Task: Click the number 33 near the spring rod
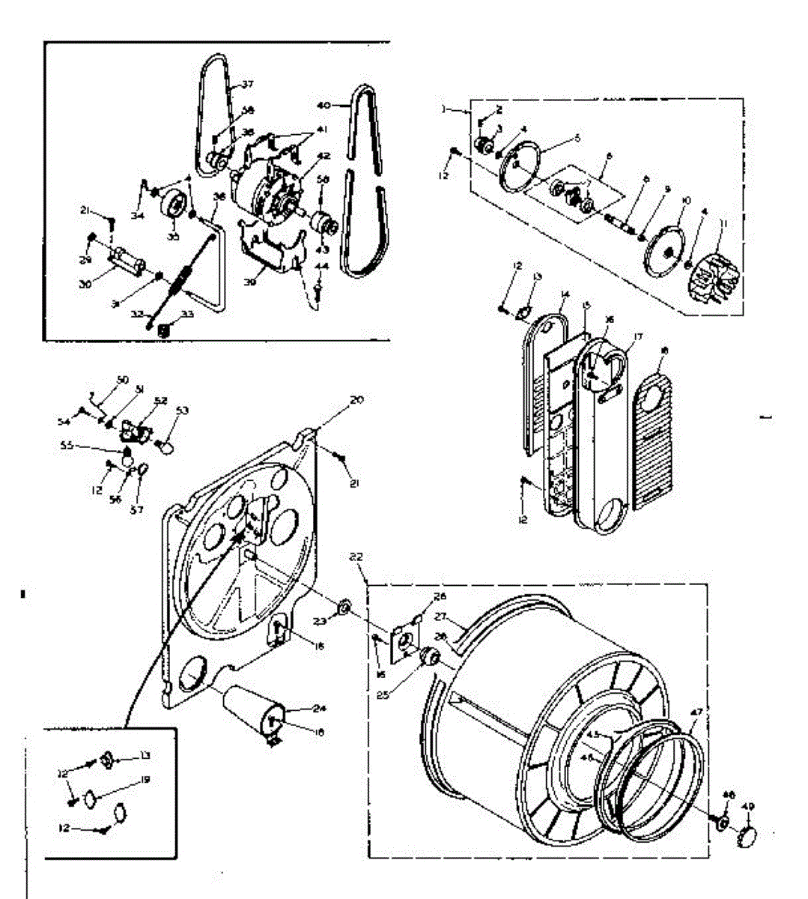point(187,315)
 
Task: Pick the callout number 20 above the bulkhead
point(356,400)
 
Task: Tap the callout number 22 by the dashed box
point(356,557)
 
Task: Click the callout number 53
point(182,411)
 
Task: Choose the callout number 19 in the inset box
point(145,780)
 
